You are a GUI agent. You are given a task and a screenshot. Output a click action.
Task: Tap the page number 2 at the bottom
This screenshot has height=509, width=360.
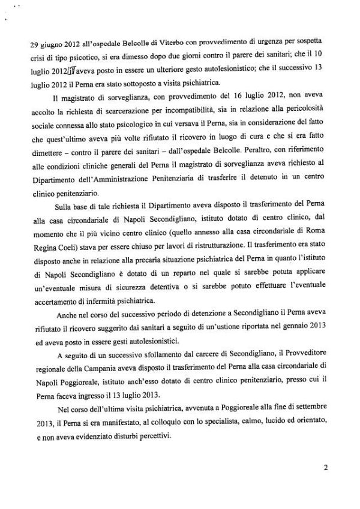pyautogui.click(x=325, y=481)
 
